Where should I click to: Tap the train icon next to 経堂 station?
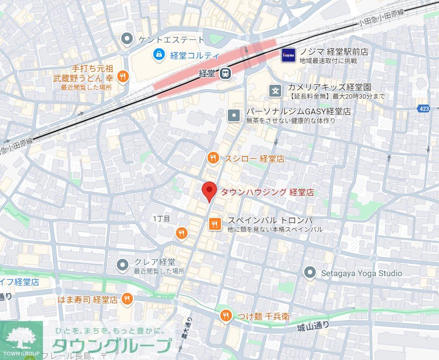click(225, 73)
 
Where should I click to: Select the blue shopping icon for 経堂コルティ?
click(159, 54)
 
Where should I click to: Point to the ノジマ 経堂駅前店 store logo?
click(289, 55)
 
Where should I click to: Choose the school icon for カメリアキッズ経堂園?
click(275, 90)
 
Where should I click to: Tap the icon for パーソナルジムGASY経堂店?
click(234, 115)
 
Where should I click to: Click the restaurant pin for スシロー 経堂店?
click(213, 158)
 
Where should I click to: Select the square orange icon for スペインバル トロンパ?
click(215, 224)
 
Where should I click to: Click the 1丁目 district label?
click(161, 218)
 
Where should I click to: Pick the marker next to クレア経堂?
click(123, 265)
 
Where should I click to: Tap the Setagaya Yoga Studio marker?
click(310, 272)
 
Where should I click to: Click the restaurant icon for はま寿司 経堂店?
click(127, 299)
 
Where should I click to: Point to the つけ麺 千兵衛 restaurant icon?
click(226, 316)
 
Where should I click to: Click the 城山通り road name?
click(313, 325)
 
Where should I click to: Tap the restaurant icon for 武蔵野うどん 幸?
click(123, 77)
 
